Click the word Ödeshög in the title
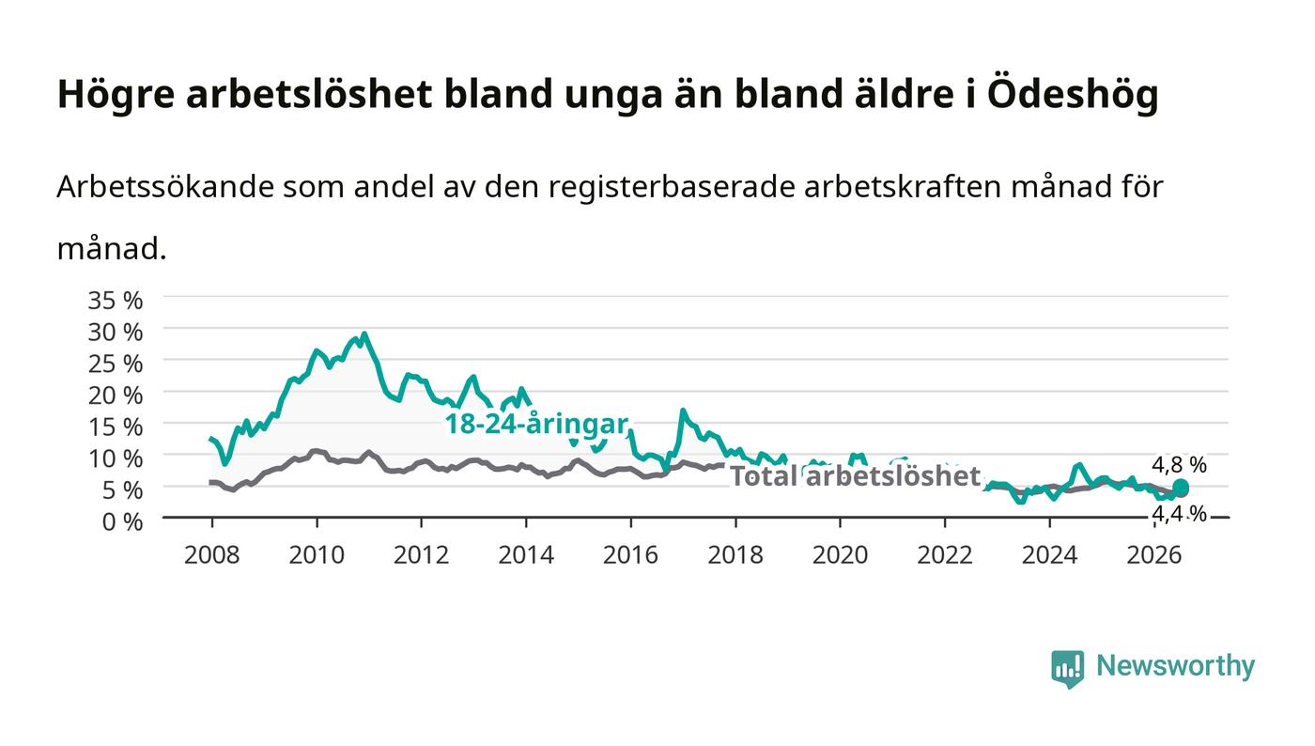coord(1073,94)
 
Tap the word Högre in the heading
coord(116,95)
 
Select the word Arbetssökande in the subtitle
coord(165,186)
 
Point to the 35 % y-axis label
coord(115,300)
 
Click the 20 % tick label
coord(115,396)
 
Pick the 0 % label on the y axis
coord(122,521)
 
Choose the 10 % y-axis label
coord(115,458)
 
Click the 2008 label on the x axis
coord(212,555)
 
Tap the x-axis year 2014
coord(526,555)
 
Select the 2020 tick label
coord(840,555)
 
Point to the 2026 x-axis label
coord(1154,555)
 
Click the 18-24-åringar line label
coord(536,424)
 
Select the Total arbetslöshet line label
coord(855,475)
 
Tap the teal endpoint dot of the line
coord(1181,487)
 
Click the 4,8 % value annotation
coord(1179,465)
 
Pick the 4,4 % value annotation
coord(1179,514)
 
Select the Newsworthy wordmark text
coord(1175,666)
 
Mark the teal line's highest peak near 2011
coord(364,334)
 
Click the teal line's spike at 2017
coord(683,411)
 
